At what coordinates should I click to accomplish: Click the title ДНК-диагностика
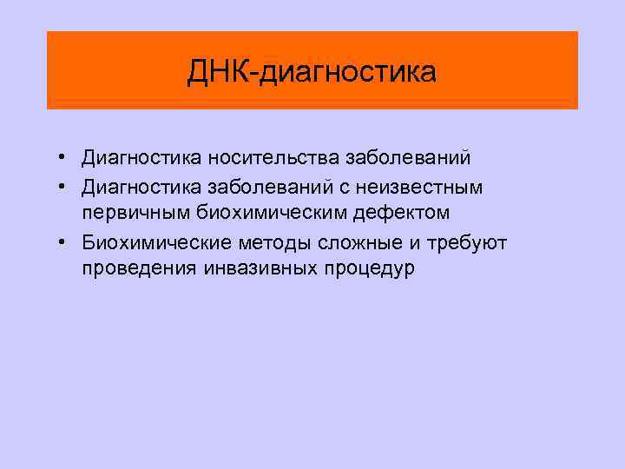click(x=312, y=72)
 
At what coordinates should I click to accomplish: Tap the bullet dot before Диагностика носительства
click(x=64, y=159)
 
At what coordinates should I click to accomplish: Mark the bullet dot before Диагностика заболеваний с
click(x=64, y=187)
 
